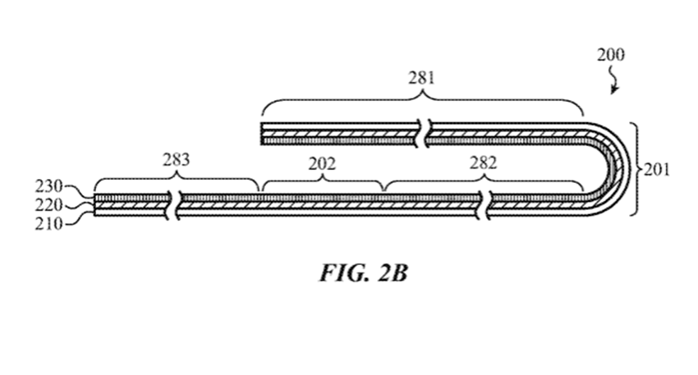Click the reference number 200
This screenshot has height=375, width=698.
click(611, 55)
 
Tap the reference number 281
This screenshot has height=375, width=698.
click(421, 78)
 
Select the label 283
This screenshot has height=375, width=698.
click(176, 159)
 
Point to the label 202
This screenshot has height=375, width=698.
click(322, 164)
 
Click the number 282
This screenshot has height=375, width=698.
click(483, 163)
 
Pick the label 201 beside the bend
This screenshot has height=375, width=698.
click(657, 170)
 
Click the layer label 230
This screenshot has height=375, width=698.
click(49, 186)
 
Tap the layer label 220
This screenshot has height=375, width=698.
click(49, 205)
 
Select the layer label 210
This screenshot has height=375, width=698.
click(49, 223)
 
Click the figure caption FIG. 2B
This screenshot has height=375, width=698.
click(363, 272)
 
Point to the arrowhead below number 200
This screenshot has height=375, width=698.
click(614, 91)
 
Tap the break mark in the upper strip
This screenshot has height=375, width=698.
click(423, 133)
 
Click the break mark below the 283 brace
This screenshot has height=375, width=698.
click(174, 205)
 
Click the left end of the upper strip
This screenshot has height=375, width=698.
click(262, 134)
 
